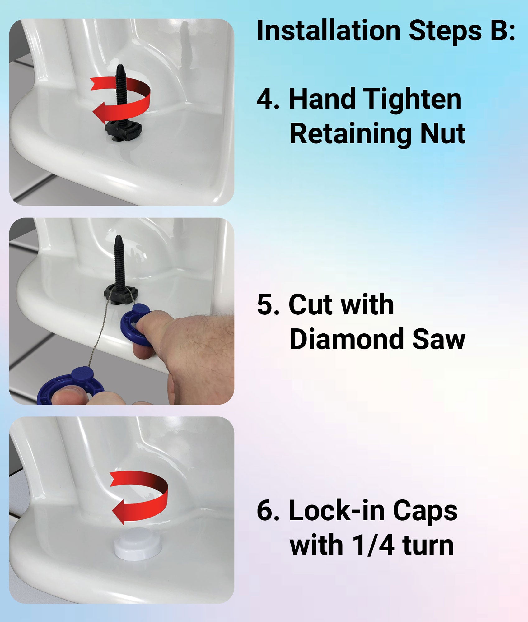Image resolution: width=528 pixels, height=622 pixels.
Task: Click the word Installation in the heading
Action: [329, 30]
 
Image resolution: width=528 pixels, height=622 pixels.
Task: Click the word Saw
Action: [439, 339]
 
